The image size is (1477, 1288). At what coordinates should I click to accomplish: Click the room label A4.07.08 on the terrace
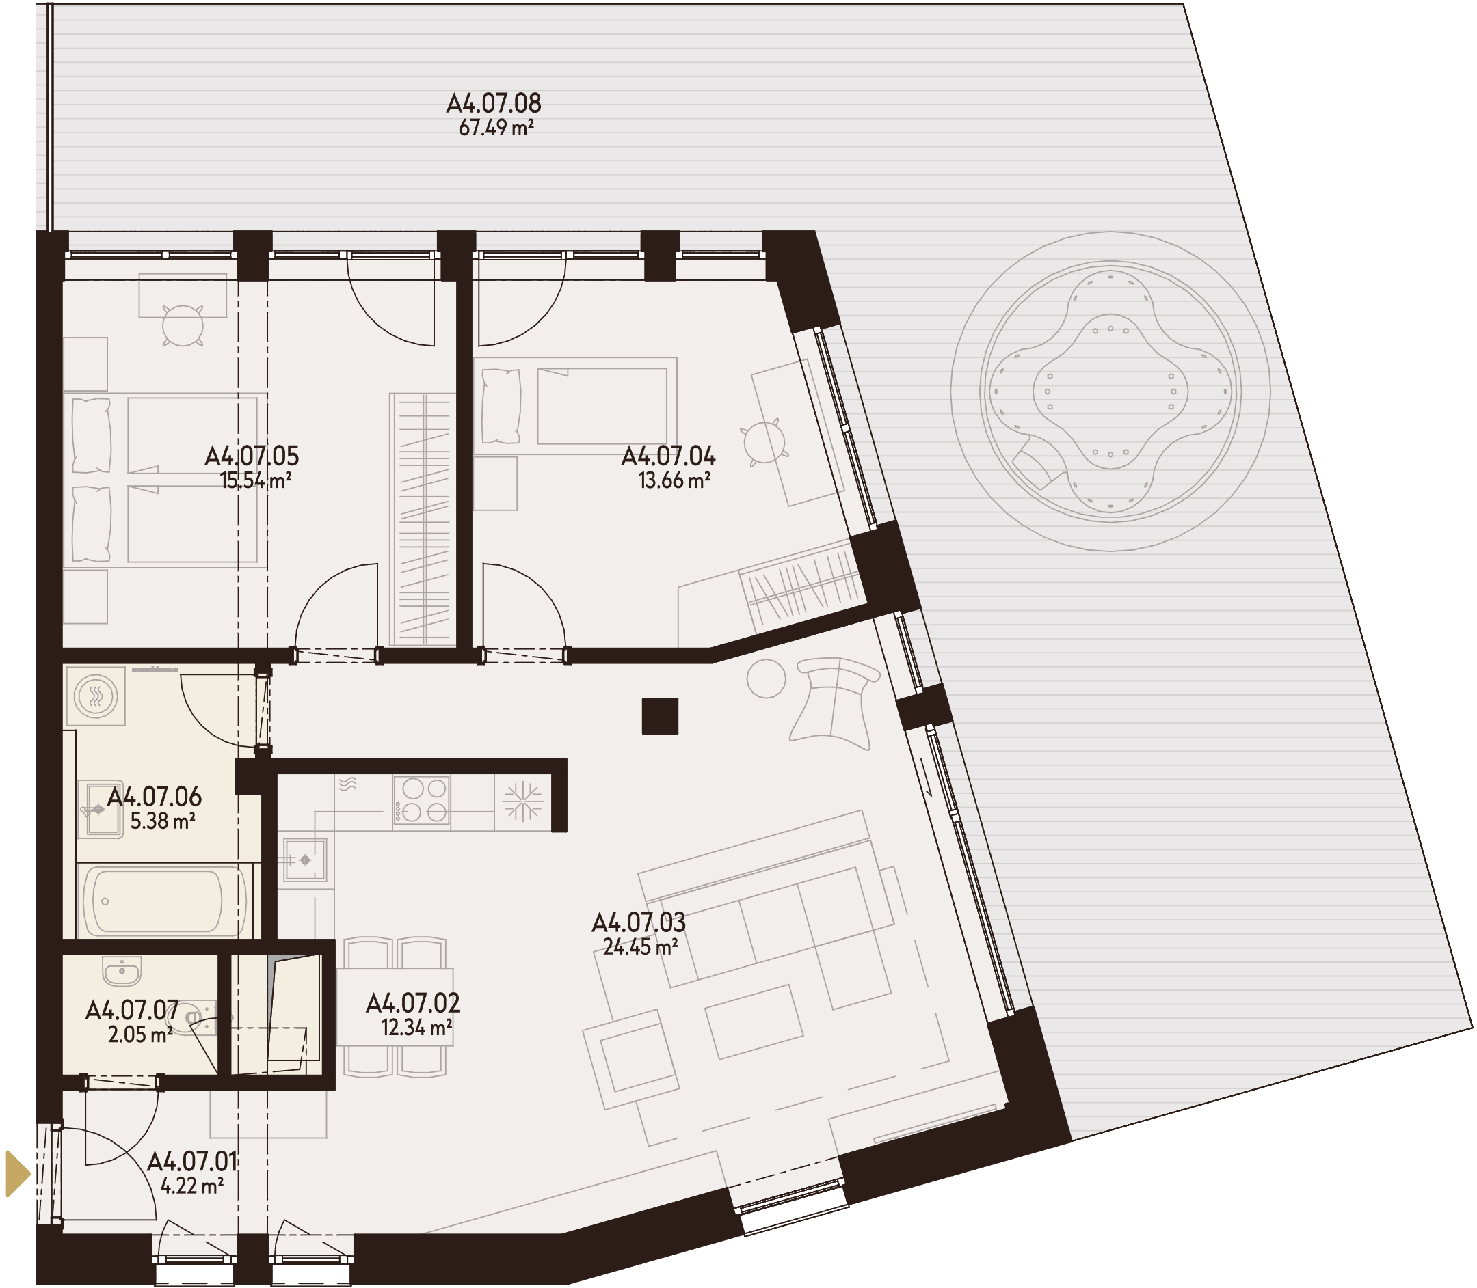point(493,103)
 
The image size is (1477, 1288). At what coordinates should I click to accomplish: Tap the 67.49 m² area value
point(496,128)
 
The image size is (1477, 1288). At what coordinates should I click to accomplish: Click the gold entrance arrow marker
point(18,1174)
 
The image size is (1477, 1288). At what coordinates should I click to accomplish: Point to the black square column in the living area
point(659,716)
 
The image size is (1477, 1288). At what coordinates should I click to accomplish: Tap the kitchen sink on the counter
point(305,860)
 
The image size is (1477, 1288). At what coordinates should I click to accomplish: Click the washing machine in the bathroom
point(96,696)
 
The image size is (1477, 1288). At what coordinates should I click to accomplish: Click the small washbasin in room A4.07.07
point(122,971)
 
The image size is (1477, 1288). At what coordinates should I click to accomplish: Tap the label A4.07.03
point(639,923)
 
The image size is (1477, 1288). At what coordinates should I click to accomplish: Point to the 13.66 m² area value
point(674,480)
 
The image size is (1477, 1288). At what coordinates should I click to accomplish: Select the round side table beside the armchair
point(766,679)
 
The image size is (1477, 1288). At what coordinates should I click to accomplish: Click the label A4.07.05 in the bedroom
point(252,456)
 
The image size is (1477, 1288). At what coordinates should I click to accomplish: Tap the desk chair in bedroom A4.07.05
point(183,325)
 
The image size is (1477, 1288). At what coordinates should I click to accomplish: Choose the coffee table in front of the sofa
point(754,1022)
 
